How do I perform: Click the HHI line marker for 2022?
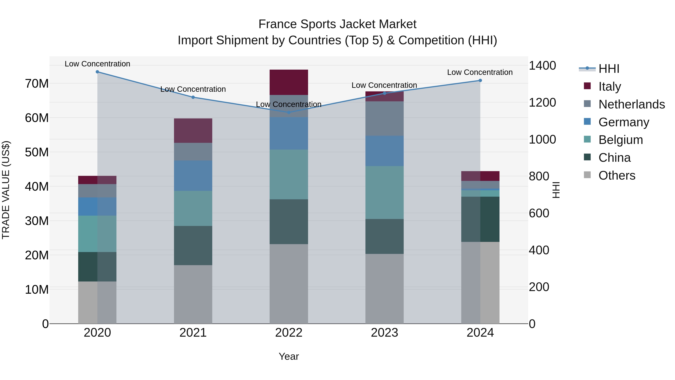[x=289, y=113]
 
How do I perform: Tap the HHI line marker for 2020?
[x=97, y=72]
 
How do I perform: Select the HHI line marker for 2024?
[x=480, y=81]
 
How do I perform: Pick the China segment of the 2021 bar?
[x=193, y=245]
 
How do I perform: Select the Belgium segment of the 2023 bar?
[x=384, y=193]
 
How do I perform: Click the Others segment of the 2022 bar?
[x=289, y=284]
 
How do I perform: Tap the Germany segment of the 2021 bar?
[x=193, y=176]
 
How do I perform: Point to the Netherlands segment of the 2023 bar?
[x=384, y=119]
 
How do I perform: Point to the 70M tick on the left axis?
[x=37, y=84]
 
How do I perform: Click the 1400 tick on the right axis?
[x=542, y=65]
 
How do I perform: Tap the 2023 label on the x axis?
[x=384, y=333]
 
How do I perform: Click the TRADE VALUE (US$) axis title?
[x=6, y=190]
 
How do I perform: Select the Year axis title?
[x=289, y=356]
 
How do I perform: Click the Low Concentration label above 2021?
[x=193, y=89]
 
